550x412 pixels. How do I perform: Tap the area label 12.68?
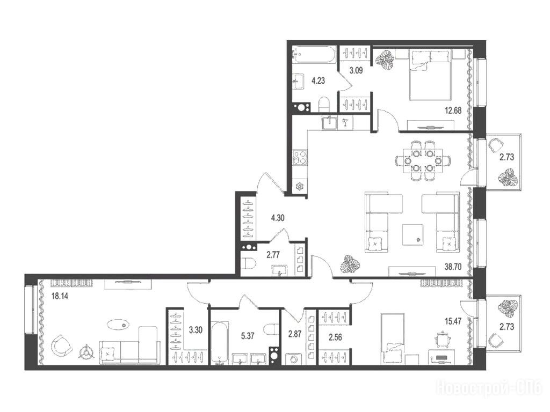[x=452, y=111]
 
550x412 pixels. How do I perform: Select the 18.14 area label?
[x=59, y=296]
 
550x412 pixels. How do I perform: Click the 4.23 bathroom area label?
[x=318, y=80]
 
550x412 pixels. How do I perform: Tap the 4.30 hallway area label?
[x=278, y=218]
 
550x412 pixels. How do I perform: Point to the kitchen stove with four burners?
[x=300, y=157]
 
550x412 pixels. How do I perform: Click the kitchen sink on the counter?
[x=329, y=123]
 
